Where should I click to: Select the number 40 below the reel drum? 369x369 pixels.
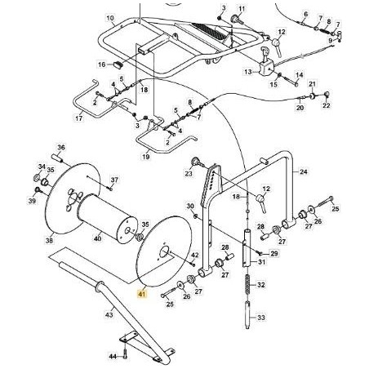[x=98, y=239]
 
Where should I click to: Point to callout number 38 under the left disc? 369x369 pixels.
[x=49, y=241]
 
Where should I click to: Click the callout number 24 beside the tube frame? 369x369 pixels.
[x=303, y=172]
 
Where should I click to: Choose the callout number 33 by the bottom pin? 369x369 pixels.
[x=261, y=318]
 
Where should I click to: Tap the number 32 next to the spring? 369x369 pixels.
[x=261, y=286]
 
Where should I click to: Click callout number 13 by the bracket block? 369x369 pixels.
[x=248, y=72]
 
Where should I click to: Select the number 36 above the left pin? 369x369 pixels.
[x=60, y=148]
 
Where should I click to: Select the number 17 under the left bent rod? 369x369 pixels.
[x=78, y=119]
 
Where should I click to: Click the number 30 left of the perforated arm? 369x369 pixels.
[x=189, y=206]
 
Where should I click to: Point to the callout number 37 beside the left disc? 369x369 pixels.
[x=114, y=180]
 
